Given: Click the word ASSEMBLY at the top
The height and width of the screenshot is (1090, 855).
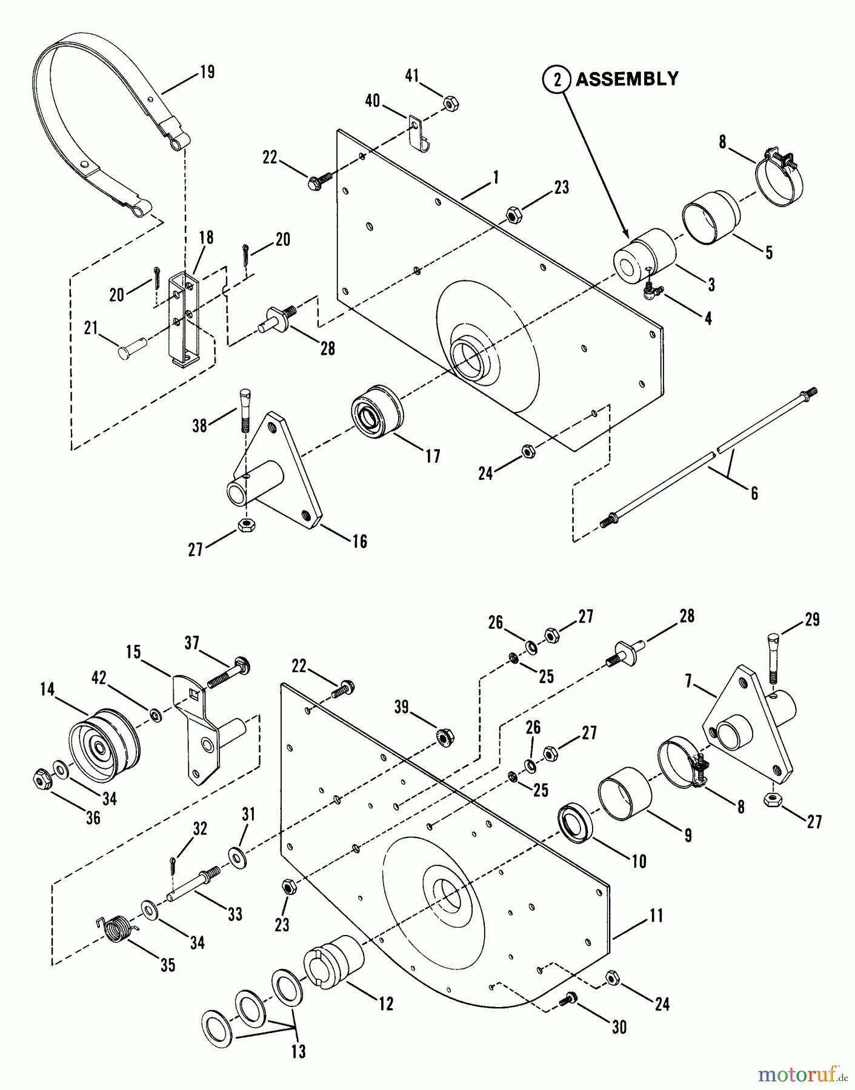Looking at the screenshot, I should (x=627, y=79).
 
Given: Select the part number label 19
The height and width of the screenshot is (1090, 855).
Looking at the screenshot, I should (x=207, y=73).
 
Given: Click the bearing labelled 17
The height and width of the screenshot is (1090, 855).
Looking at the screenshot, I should (x=376, y=410).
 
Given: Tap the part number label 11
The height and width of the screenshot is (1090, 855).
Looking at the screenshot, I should (x=656, y=916).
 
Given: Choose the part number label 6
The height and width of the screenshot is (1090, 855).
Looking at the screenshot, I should (x=754, y=493).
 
